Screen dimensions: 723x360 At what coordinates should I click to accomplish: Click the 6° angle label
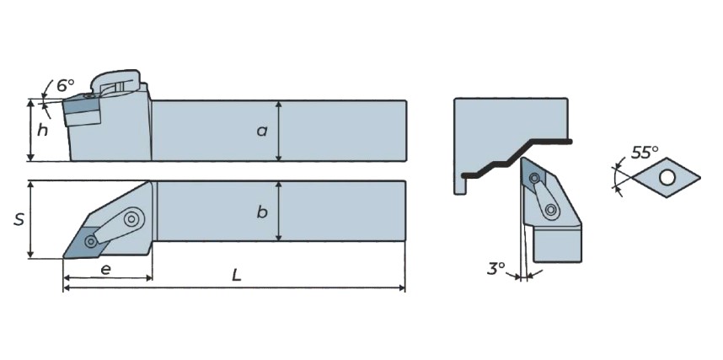pyautogui.click(x=65, y=85)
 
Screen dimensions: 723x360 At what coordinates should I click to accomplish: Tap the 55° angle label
pyautogui.click(x=645, y=153)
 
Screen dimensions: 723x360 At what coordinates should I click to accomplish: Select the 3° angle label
pyautogui.click(x=496, y=269)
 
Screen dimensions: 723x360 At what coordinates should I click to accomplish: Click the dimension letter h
pyautogui.click(x=42, y=131)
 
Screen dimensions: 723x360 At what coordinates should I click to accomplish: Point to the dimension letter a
pyautogui.click(x=262, y=131)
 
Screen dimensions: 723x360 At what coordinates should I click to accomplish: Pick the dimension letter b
pyautogui.click(x=262, y=212)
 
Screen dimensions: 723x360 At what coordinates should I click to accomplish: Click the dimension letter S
pyautogui.click(x=19, y=220)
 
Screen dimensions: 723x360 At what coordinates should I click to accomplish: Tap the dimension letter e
pyautogui.click(x=105, y=270)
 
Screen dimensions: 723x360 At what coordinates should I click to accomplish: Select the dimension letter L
pyautogui.click(x=237, y=276)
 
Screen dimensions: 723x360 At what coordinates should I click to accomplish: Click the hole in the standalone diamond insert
pyautogui.click(x=667, y=177)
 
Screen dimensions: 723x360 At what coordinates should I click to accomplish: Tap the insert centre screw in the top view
pyautogui.click(x=91, y=241)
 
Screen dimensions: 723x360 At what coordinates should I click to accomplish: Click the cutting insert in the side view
pyautogui.click(x=82, y=109)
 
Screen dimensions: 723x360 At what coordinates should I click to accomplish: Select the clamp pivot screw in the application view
pyautogui.click(x=550, y=211)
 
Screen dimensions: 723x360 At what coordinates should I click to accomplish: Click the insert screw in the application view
pyautogui.click(x=534, y=178)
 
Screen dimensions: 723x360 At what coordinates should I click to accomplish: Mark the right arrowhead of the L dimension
pyautogui.click(x=402, y=288)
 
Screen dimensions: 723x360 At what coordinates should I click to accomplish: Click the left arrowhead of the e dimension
pyautogui.click(x=67, y=278)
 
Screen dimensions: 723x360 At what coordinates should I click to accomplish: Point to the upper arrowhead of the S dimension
pyautogui.click(x=30, y=185)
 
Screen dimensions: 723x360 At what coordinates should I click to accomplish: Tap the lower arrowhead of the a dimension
pyautogui.click(x=278, y=157)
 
